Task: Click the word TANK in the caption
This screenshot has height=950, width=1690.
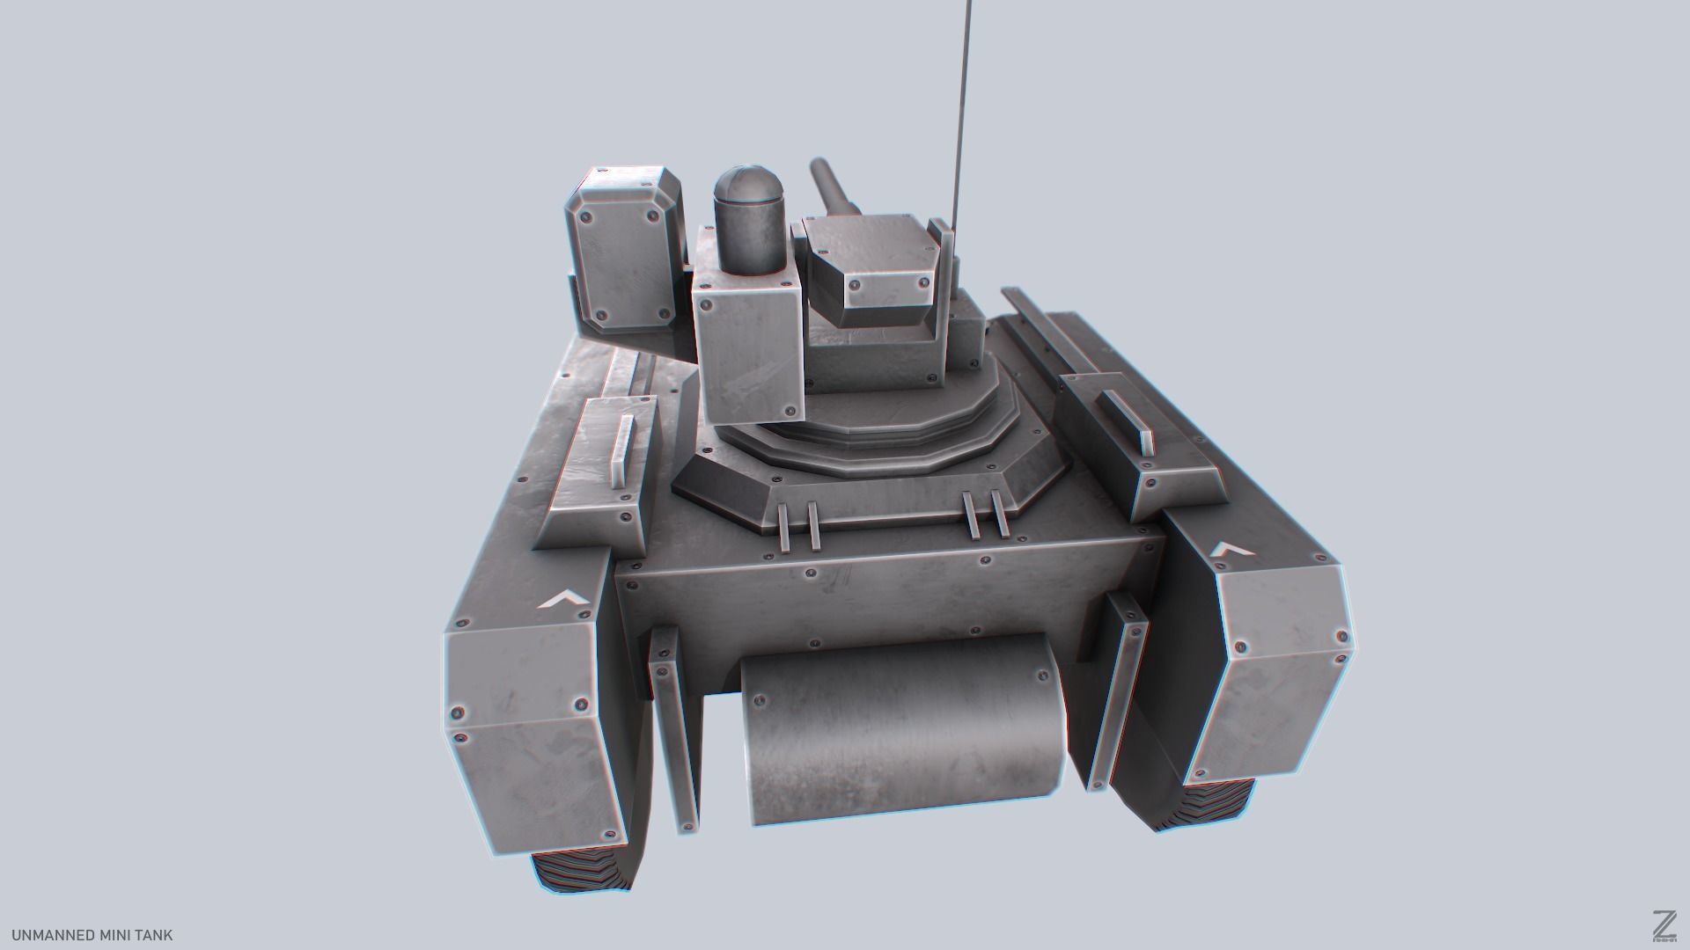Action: click(x=152, y=935)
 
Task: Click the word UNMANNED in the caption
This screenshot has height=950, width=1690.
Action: click(x=48, y=935)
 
